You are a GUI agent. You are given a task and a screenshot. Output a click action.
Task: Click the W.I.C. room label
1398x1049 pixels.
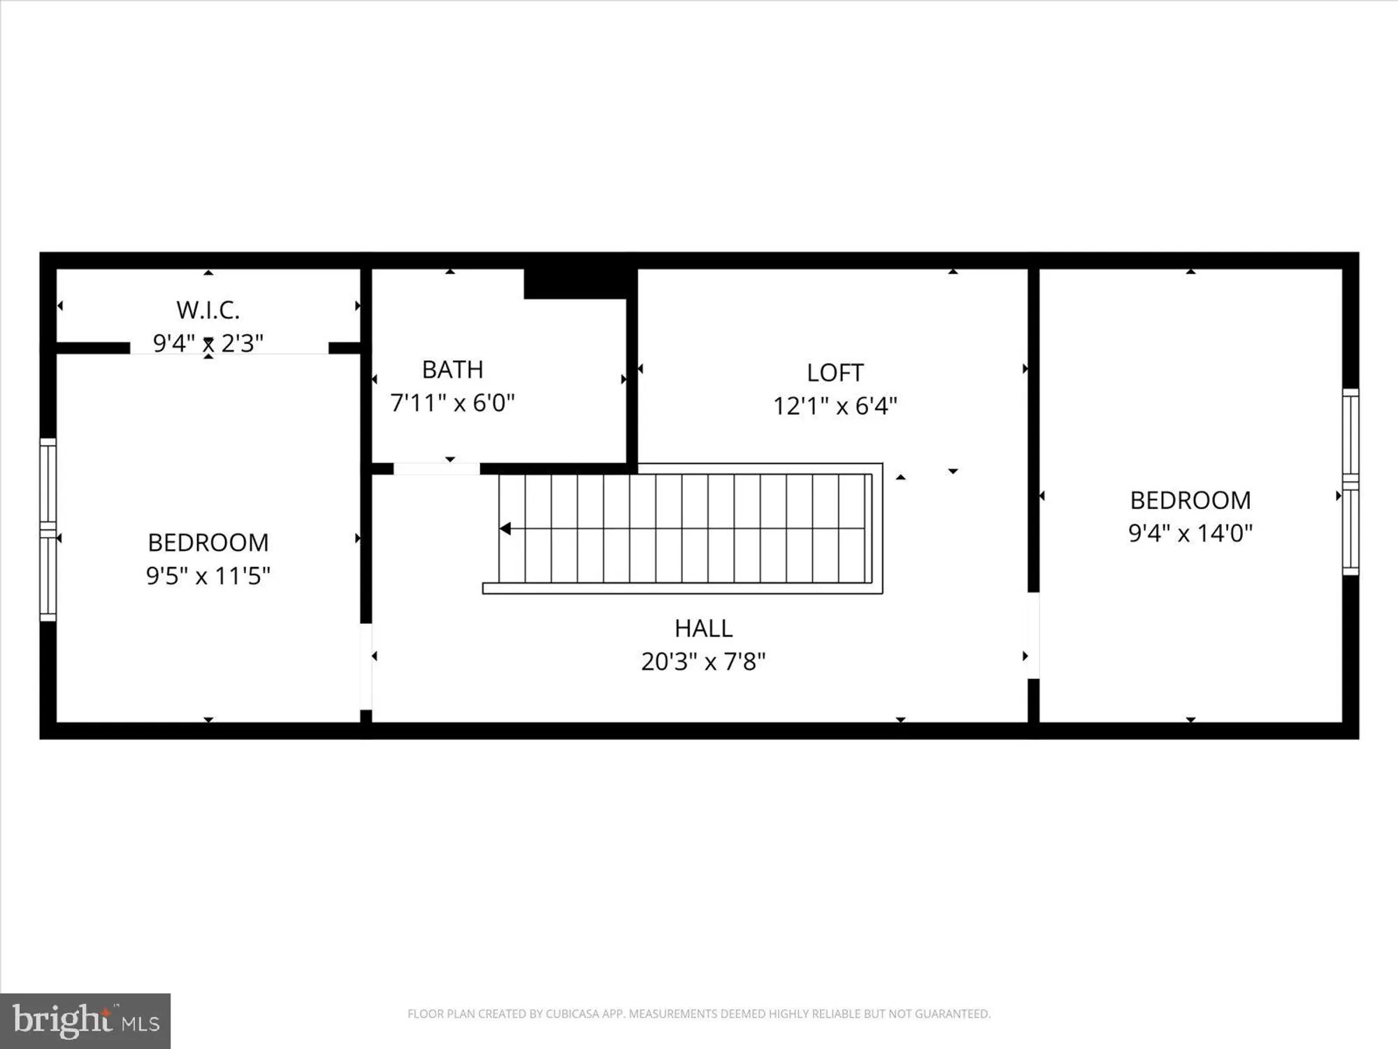208,310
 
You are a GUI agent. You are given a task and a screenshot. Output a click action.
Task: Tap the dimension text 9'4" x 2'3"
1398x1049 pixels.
208,343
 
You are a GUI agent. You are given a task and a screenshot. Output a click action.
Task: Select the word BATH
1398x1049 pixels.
452,369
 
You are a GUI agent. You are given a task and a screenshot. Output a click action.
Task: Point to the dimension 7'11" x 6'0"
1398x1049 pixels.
452,403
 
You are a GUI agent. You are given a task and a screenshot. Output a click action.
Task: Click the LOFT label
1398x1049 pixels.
835,373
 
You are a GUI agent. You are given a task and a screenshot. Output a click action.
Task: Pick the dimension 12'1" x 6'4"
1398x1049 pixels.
835,406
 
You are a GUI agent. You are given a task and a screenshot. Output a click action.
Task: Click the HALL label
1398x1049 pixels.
703,628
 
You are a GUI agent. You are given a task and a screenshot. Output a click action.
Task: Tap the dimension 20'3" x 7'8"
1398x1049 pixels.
703,662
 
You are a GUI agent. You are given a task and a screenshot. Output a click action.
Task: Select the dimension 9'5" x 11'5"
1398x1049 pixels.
208,576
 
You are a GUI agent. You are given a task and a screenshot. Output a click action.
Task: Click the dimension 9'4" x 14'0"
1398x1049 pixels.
1190,534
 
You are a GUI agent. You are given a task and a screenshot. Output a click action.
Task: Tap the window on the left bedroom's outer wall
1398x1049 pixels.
48,529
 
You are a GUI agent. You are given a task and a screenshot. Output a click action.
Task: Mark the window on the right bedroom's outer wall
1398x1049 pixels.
1350,482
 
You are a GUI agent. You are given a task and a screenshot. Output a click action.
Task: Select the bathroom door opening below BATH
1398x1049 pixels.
436,469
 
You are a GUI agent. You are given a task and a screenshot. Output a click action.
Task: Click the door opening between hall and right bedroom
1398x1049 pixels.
1033,635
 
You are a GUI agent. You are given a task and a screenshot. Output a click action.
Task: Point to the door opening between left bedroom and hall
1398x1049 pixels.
366,666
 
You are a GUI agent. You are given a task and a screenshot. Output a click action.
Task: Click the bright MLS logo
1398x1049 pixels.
85,1021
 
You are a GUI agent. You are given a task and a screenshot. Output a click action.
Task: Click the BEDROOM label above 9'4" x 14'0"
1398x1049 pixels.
1190,500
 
